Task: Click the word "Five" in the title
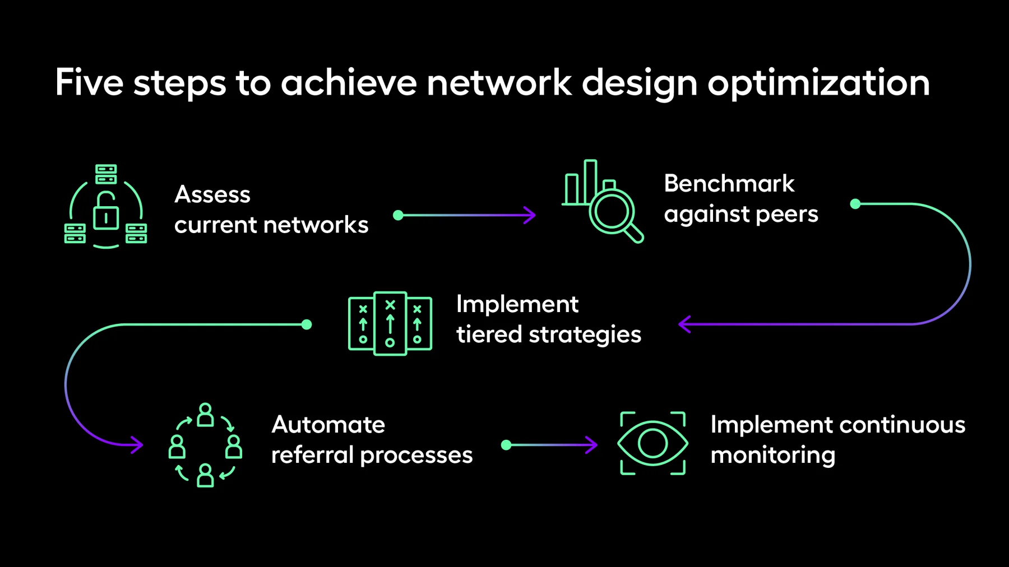click(x=89, y=82)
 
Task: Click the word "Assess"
click(x=212, y=194)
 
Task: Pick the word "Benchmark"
click(x=729, y=183)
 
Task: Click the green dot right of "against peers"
click(x=855, y=204)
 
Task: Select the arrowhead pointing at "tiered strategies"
click(x=684, y=324)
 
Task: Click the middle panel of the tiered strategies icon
click(x=390, y=323)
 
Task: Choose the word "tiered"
click(x=489, y=334)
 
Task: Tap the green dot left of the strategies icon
click(x=307, y=324)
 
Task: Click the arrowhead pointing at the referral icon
click(x=137, y=445)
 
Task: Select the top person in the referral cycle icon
click(x=206, y=415)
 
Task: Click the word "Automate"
click(x=328, y=425)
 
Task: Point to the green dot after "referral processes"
click(x=506, y=445)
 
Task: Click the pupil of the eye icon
click(x=652, y=443)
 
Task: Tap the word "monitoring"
click(x=773, y=456)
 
